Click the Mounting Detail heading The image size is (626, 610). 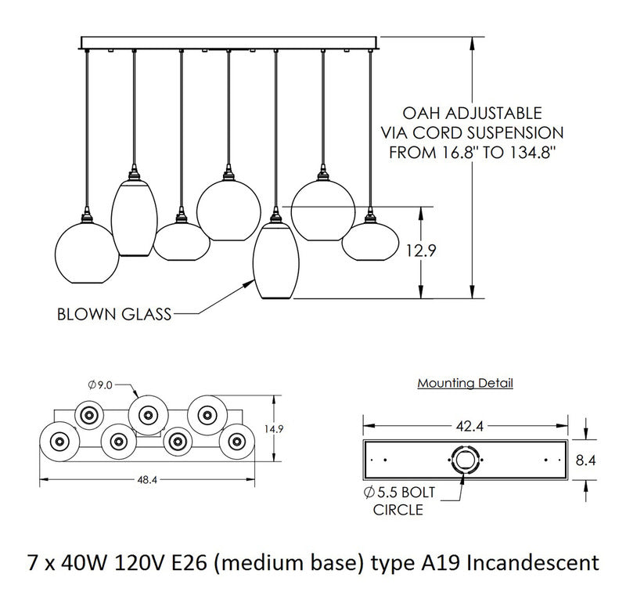[x=465, y=384]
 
